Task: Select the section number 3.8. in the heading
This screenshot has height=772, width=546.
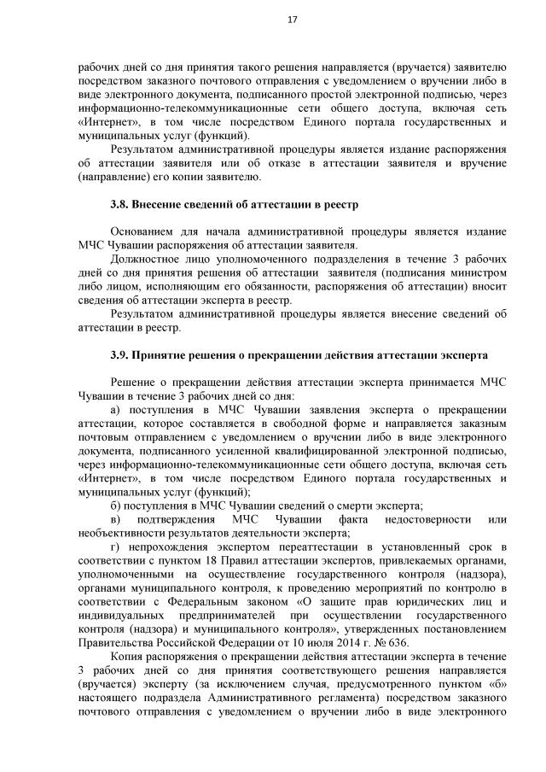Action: coord(122,206)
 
